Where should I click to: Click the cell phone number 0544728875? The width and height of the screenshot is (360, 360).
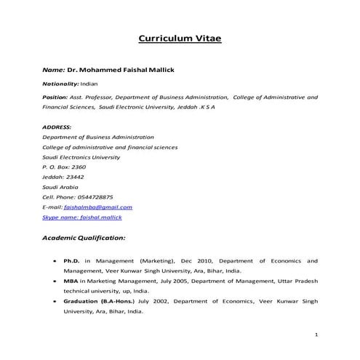point(92,196)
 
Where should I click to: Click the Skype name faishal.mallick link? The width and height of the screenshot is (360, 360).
point(81,217)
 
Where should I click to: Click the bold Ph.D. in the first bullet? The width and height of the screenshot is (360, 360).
point(71,260)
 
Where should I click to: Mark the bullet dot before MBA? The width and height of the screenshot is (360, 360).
point(55,280)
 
